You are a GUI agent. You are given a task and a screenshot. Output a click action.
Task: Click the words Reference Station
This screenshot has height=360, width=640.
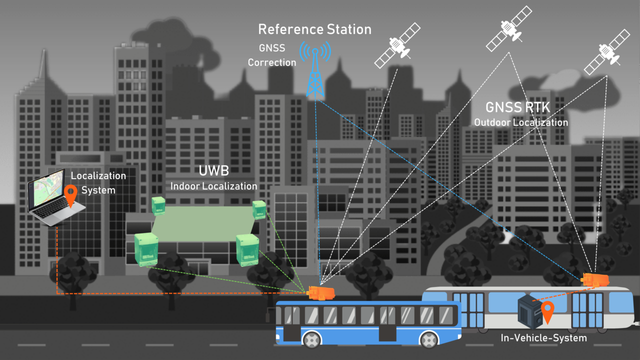tap(314, 29)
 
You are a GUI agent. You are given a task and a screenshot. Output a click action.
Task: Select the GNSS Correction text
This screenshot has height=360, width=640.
tap(272, 55)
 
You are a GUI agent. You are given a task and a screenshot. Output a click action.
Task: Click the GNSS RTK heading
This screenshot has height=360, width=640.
tap(518, 107)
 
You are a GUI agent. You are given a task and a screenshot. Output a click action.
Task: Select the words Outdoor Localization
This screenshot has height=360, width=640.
tap(520, 122)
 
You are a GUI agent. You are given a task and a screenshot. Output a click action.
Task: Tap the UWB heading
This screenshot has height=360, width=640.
tap(213, 171)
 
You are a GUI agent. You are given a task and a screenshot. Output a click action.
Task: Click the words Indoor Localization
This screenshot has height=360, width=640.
tap(213, 186)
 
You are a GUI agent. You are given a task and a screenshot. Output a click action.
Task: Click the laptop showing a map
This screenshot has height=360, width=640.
tap(50, 198)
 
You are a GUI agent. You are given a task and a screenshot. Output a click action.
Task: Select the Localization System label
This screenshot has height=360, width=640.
tap(98, 183)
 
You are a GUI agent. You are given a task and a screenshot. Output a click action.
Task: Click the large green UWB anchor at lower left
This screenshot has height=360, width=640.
tap(146, 248)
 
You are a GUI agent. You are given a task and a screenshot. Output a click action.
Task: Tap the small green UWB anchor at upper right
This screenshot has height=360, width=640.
tap(259, 210)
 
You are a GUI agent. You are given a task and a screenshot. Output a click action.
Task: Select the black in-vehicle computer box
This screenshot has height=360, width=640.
tap(529, 310)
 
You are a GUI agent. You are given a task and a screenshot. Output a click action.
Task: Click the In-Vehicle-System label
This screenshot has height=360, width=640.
tap(543, 338)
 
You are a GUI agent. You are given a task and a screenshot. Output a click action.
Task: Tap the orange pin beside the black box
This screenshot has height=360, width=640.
tap(548, 311)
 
